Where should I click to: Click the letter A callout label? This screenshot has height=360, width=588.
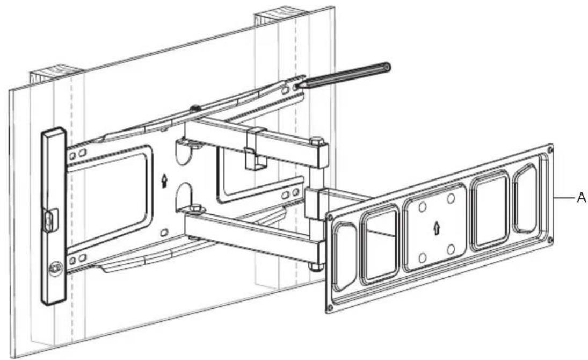[581, 197]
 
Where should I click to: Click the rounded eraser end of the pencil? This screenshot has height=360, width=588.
[387, 67]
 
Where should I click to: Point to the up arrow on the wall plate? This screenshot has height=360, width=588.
[164, 180]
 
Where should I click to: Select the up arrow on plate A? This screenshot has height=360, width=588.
[437, 228]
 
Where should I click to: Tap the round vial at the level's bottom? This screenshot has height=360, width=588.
[55, 268]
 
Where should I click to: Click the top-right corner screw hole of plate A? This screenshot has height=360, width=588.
[550, 149]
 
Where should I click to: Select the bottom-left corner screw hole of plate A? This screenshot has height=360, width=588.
[330, 307]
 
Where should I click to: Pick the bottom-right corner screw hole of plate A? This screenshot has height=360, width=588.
[550, 239]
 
